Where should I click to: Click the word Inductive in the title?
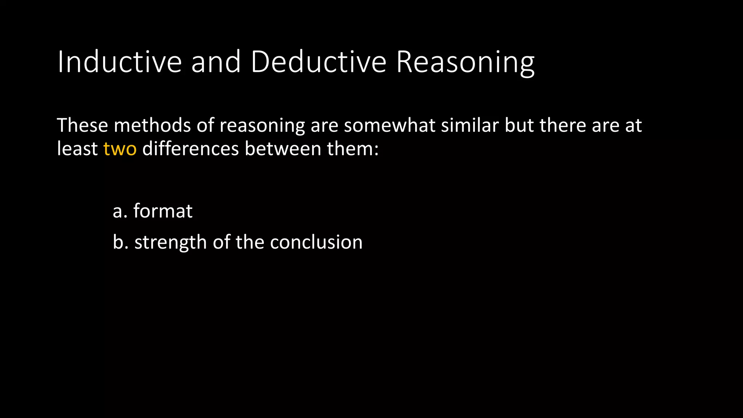click(x=119, y=62)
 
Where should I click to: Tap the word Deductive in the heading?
click(x=319, y=62)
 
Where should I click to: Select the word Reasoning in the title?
click(x=465, y=62)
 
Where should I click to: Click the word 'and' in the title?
click(x=216, y=62)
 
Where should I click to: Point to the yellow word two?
click(x=120, y=149)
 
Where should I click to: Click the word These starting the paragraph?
click(x=82, y=126)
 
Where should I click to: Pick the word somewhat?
click(x=389, y=126)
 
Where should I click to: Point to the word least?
click(x=77, y=149)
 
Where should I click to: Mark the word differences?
click(x=190, y=149)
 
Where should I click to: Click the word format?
click(x=163, y=211)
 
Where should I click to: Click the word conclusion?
click(x=316, y=242)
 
